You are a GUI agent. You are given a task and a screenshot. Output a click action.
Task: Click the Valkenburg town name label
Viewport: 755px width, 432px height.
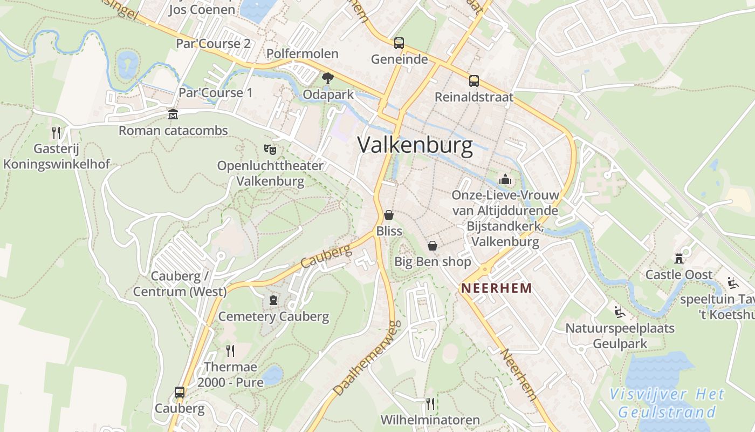pos(415,145)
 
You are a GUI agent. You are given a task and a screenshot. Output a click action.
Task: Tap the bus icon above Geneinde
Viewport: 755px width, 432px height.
pos(399,43)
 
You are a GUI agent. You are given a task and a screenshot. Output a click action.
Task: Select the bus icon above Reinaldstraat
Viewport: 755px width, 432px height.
pos(474,81)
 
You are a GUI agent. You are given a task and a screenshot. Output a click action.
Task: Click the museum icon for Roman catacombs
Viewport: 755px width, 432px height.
pos(173,114)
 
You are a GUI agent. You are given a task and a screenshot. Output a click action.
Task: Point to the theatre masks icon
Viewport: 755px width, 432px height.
pos(270,148)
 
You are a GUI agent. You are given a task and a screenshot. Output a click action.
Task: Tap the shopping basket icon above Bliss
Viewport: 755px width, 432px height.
pos(389,215)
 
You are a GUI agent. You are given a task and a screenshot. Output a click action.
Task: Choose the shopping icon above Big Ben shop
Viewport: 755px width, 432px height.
pos(433,246)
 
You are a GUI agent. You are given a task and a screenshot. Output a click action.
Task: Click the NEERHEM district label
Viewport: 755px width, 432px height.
pos(497,288)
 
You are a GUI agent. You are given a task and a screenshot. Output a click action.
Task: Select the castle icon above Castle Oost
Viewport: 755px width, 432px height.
pos(679,259)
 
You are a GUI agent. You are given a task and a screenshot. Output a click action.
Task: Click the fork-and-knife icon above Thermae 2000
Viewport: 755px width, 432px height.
pos(230,351)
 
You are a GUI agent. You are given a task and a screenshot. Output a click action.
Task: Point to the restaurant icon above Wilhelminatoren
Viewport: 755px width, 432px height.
pos(430,403)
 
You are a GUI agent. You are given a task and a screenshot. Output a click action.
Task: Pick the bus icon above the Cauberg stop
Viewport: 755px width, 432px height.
pos(180,393)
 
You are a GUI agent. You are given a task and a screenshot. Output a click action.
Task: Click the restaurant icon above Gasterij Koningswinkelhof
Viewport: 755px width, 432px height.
pos(56,132)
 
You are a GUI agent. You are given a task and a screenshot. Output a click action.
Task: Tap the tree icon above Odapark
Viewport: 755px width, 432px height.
pos(327,78)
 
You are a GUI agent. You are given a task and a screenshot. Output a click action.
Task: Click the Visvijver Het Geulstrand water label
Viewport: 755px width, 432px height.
pos(667,403)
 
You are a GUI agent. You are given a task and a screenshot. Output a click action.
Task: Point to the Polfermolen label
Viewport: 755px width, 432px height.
pos(303,53)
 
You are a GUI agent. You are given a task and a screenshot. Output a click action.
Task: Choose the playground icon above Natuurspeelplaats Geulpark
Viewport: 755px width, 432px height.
pos(619,312)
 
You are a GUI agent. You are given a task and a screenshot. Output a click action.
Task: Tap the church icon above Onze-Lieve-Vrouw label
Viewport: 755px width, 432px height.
pos(505,179)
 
